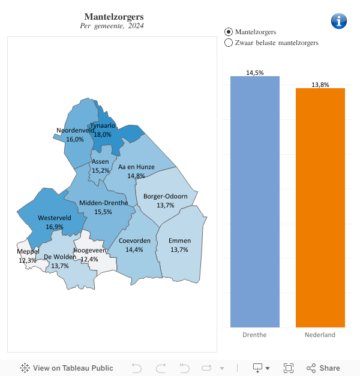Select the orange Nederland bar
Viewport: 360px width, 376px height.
point(320,207)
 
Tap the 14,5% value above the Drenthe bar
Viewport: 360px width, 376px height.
point(254,73)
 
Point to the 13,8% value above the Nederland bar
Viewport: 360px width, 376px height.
point(320,85)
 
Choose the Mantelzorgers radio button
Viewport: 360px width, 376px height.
point(228,31)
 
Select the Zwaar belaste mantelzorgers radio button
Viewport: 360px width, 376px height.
point(228,43)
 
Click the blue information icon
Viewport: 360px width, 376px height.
point(339,20)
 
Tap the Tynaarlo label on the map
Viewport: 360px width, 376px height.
point(103,126)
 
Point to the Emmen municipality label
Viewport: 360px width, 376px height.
point(179,240)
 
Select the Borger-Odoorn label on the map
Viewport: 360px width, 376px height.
point(166,196)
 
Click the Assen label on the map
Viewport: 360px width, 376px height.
point(100,162)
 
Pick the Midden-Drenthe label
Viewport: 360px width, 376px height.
point(103,203)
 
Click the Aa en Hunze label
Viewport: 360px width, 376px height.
point(136,167)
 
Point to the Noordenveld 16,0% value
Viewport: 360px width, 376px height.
point(75,139)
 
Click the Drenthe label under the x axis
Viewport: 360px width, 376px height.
point(254,335)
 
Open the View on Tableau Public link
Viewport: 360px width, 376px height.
point(67,368)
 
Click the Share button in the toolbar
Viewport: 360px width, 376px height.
point(323,368)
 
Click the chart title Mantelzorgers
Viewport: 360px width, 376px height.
point(114,16)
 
